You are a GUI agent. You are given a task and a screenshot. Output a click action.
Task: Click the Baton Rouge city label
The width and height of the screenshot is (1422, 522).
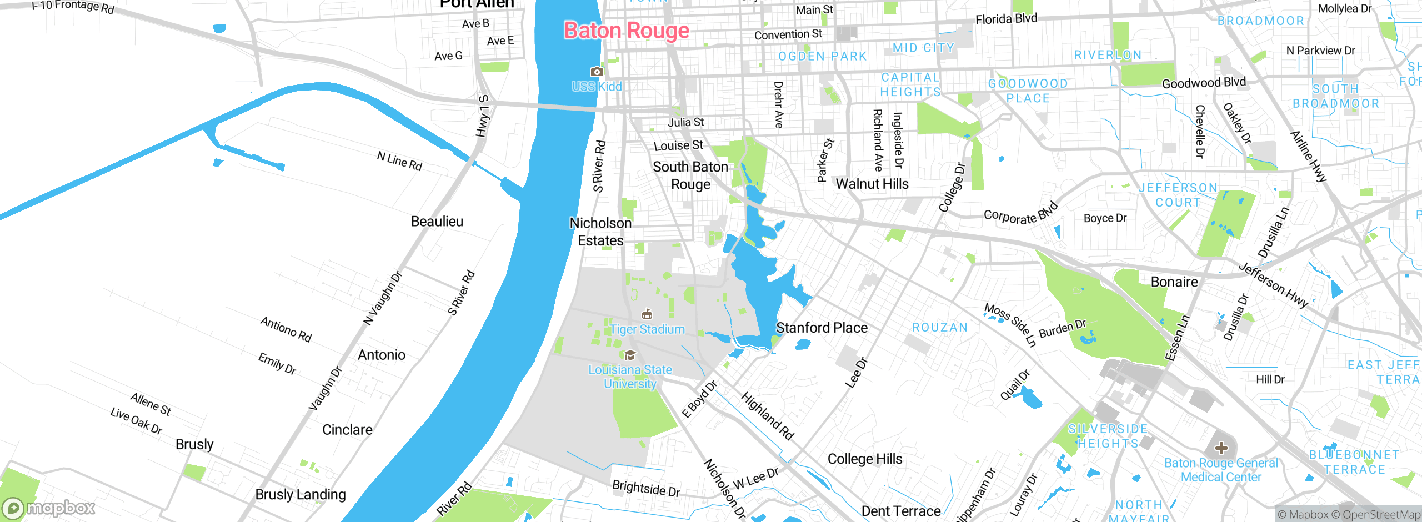(627, 31)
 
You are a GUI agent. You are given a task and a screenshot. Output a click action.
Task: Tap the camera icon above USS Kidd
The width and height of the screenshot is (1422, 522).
(597, 72)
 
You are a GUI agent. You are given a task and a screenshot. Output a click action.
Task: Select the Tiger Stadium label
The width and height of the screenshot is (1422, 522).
(647, 329)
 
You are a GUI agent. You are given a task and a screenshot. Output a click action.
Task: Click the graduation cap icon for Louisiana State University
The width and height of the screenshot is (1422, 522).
(630, 355)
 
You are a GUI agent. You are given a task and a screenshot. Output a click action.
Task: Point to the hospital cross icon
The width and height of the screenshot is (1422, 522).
(1221, 448)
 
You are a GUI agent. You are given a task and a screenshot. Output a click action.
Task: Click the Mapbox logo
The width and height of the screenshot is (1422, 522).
(49, 508)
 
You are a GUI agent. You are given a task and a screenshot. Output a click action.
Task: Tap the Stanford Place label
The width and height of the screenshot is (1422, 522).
(822, 328)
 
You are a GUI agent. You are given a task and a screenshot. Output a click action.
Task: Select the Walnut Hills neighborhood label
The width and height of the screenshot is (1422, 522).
(872, 184)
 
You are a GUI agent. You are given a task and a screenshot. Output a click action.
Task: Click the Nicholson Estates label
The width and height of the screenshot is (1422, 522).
(600, 232)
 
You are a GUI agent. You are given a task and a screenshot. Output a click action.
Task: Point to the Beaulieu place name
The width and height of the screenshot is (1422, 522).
(437, 222)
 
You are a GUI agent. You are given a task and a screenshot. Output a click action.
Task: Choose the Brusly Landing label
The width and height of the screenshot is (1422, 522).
(301, 494)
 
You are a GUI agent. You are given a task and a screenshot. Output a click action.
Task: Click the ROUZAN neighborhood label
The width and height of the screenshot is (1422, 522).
(940, 328)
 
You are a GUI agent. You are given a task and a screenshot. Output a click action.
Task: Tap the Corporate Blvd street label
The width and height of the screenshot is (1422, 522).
(1020, 214)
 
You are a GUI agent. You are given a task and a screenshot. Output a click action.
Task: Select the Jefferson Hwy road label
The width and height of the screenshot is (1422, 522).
(1273, 285)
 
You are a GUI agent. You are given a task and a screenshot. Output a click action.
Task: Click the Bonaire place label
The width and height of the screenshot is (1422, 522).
(1174, 282)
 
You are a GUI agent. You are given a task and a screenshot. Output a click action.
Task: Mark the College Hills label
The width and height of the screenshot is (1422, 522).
(865, 459)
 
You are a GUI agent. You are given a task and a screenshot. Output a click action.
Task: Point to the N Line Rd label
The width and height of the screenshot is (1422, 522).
(399, 162)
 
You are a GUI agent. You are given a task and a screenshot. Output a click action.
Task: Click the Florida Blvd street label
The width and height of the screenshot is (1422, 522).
(1006, 19)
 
